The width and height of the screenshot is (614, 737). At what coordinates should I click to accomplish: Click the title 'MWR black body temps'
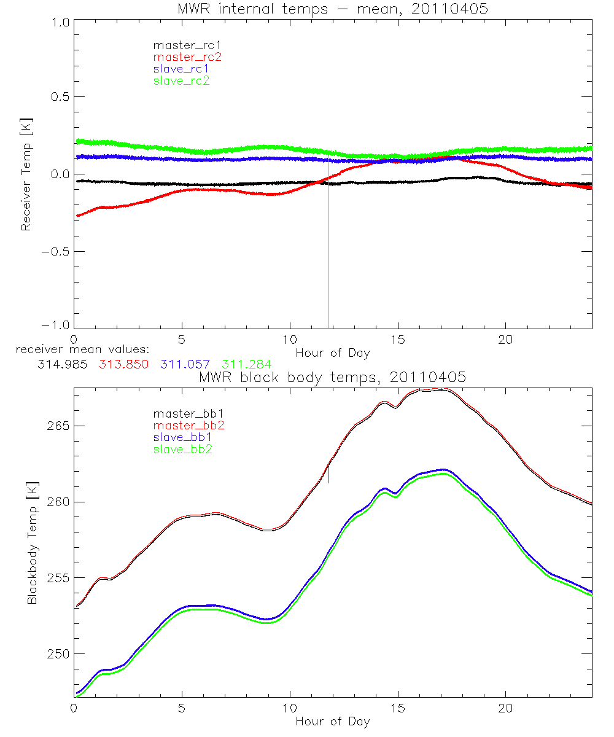(333, 377)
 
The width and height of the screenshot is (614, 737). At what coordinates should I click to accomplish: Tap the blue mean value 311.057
(184, 364)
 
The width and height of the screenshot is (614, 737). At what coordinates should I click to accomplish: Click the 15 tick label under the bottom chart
(398, 708)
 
